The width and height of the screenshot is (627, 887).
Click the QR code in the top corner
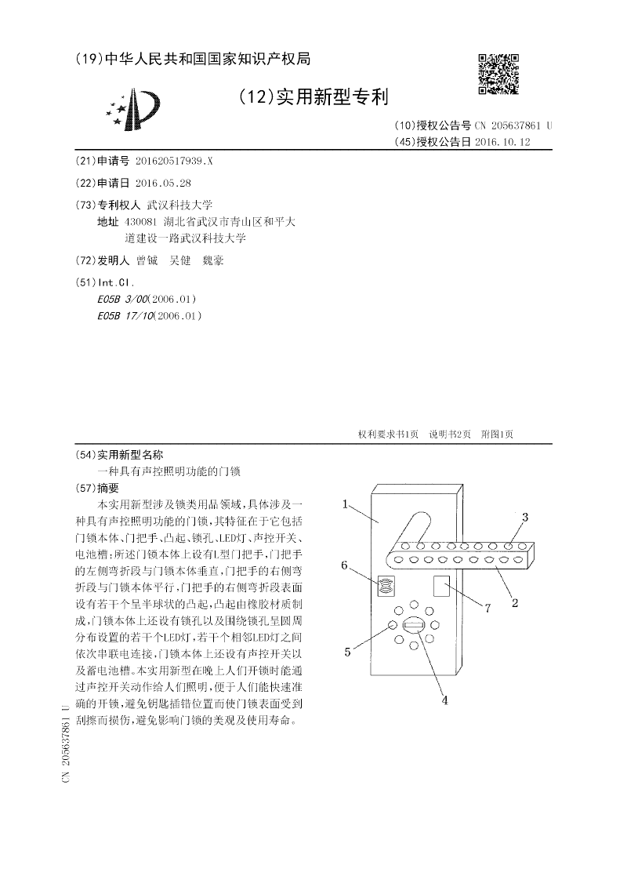498,74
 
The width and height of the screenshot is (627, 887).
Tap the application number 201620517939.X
173,161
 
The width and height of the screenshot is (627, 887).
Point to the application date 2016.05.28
163,183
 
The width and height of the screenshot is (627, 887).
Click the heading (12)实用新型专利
313,97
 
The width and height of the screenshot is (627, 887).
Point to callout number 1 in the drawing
345,505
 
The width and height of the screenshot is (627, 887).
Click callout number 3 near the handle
524,517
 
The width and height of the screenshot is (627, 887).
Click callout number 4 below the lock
444,700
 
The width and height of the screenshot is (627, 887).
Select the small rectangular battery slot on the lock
440,586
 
